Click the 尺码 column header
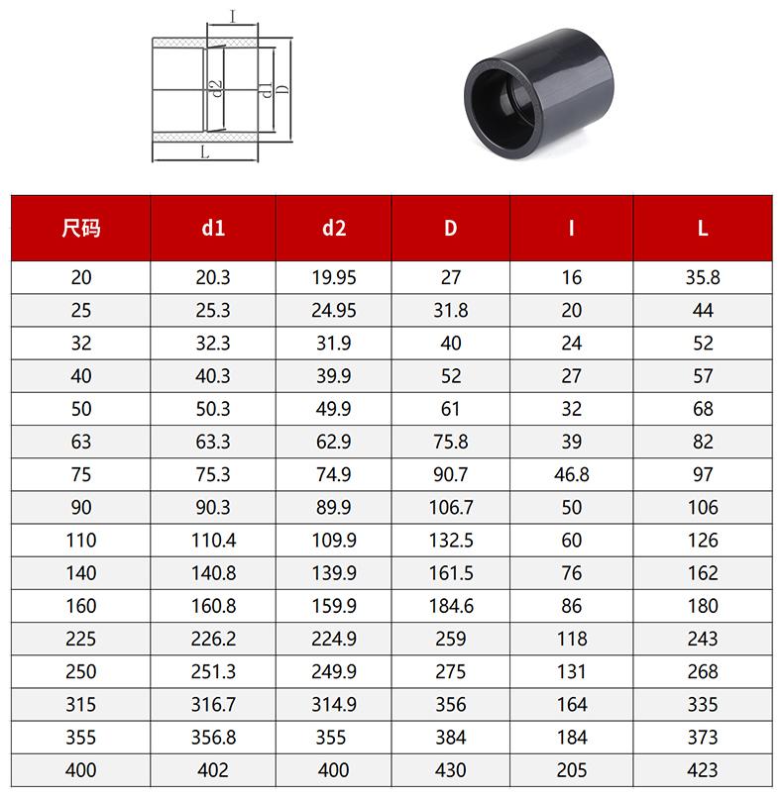pos(81,228)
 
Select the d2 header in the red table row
pos(334,228)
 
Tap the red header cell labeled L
pos(703,228)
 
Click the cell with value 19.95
pos(334,277)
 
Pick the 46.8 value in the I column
pos(571,475)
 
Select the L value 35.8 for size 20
pos(703,277)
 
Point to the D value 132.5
pos(451,541)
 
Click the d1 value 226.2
pos(213,639)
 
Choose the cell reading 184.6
pos(451,606)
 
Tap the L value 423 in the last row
pos(703,770)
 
